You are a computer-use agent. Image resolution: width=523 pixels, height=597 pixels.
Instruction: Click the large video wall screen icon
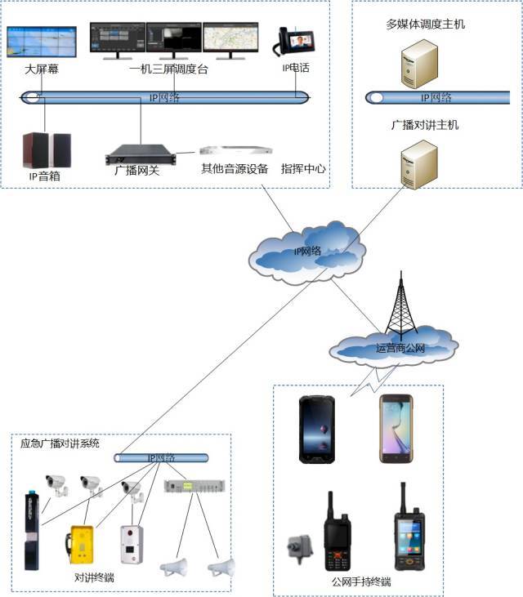click(x=42, y=42)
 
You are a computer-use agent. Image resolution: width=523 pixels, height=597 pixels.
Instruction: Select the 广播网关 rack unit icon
click(x=141, y=154)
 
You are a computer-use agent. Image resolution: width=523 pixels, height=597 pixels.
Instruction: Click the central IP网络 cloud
click(x=307, y=248)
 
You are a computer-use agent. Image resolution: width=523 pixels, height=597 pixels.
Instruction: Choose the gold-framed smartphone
click(x=396, y=428)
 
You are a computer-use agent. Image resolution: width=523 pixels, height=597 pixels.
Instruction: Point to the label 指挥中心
click(x=303, y=169)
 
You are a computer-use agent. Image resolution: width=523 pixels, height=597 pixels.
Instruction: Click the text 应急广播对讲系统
click(x=60, y=443)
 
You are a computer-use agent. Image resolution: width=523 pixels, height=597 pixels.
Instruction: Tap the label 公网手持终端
click(x=361, y=582)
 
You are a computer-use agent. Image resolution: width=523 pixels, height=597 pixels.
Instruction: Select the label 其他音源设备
click(x=235, y=169)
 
